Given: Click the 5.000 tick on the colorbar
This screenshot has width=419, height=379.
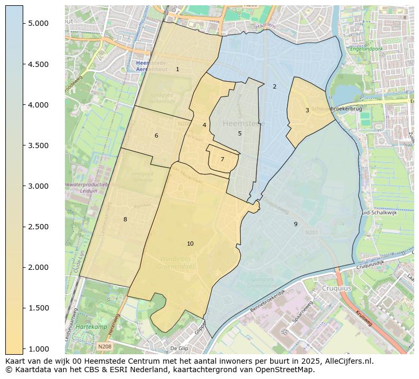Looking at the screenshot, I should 23,23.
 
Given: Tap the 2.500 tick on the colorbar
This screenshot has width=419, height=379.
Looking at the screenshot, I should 23,227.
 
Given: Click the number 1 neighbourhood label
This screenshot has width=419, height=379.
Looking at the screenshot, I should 177,69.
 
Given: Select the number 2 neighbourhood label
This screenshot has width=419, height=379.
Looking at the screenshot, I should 274,86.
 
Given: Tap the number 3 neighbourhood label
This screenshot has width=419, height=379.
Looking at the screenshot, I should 307,110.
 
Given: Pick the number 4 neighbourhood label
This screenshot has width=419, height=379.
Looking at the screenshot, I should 204,125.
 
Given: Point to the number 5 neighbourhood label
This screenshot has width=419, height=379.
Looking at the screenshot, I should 240,133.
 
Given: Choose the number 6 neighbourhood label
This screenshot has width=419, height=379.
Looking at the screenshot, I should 156,135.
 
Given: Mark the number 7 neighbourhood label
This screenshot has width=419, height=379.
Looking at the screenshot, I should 222,159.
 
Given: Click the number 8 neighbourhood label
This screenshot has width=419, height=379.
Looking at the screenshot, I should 125,219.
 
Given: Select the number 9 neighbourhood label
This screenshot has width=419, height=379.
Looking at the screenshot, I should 296,224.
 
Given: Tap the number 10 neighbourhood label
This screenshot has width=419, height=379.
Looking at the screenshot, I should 190,244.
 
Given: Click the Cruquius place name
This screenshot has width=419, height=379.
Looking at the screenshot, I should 337,288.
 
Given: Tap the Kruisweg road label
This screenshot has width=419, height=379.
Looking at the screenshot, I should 364,317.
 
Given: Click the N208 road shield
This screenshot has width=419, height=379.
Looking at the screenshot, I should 104,346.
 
